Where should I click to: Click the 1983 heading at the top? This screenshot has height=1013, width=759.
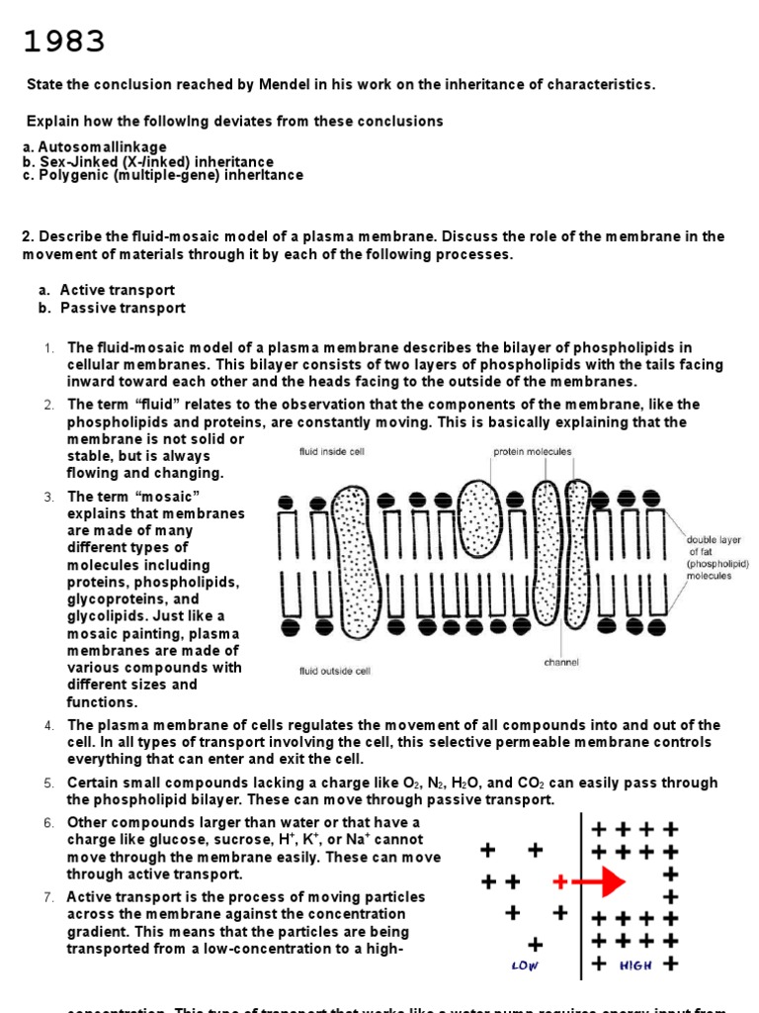[x=64, y=43]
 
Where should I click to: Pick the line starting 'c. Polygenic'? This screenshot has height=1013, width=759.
[x=163, y=175]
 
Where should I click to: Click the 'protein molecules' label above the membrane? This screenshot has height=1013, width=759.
[x=532, y=452]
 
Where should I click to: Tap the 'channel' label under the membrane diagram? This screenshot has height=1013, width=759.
[x=561, y=662]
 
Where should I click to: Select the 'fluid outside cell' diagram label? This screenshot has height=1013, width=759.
[x=335, y=671]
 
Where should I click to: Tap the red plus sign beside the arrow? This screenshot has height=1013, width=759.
[x=561, y=880]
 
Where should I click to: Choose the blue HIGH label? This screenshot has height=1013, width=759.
[x=635, y=965]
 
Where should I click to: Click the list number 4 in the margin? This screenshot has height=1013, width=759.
[x=48, y=726]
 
